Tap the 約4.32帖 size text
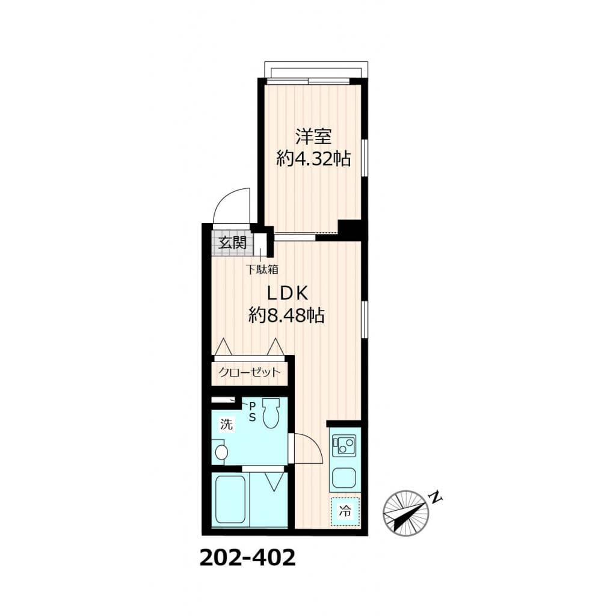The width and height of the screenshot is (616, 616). (313, 159)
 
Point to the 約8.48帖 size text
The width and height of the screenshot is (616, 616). (287, 315)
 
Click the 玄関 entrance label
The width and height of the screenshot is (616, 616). (232, 243)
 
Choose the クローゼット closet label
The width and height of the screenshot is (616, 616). (249, 372)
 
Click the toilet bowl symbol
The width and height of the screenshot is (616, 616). (271, 414)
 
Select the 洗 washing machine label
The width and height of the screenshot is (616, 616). (226, 423)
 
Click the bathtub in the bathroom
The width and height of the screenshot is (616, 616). (229, 499)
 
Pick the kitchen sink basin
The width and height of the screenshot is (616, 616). (345, 478)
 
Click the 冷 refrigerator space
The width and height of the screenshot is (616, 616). (345, 512)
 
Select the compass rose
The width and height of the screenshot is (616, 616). (407, 513)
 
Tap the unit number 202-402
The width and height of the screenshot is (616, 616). (247, 558)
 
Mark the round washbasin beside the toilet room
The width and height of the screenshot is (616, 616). (220, 452)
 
